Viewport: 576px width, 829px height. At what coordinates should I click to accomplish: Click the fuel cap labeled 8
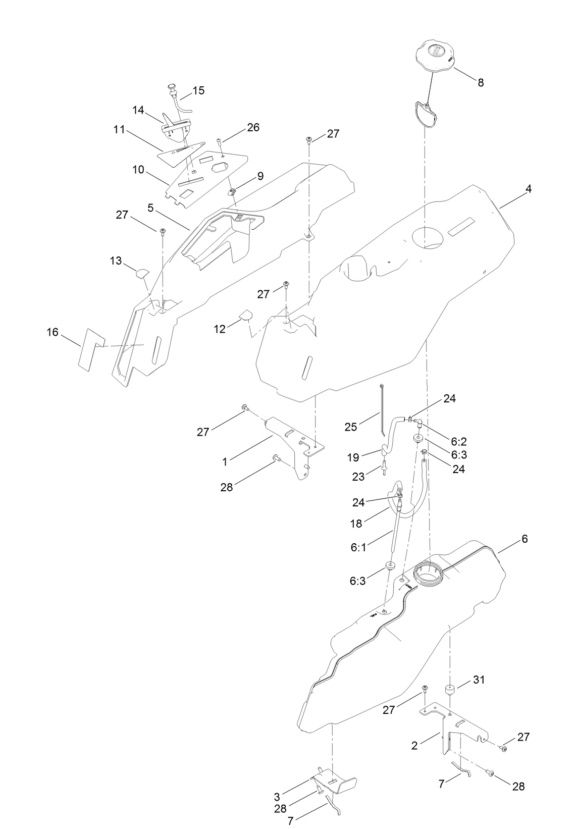(x=436, y=56)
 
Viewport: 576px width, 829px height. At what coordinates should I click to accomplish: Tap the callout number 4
(x=528, y=189)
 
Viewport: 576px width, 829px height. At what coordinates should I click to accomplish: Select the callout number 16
(x=53, y=332)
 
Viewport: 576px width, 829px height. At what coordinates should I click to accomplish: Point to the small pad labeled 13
(x=142, y=273)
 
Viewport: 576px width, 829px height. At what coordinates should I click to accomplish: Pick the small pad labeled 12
(x=245, y=316)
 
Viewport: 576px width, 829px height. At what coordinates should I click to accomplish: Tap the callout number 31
(x=478, y=680)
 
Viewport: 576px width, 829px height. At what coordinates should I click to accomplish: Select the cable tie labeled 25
(x=382, y=409)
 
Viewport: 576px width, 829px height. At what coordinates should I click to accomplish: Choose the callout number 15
(x=198, y=90)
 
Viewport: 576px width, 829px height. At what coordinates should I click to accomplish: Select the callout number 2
(x=414, y=745)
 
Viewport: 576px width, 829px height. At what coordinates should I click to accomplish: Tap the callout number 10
(x=138, y=170)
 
